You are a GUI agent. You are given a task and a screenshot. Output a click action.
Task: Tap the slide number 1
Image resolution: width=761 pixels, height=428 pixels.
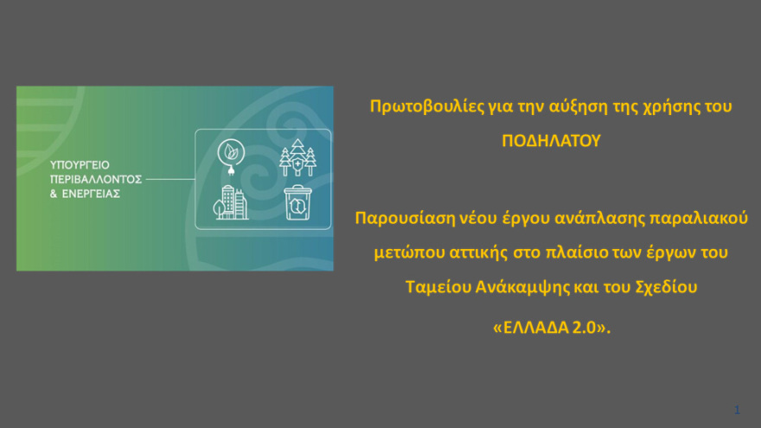[x=737, y=409]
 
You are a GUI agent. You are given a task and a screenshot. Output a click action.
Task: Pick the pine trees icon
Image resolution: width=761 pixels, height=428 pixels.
[x=297, y=157]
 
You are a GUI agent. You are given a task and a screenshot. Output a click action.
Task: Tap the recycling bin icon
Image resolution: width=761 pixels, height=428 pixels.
[x=297, y=202]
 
